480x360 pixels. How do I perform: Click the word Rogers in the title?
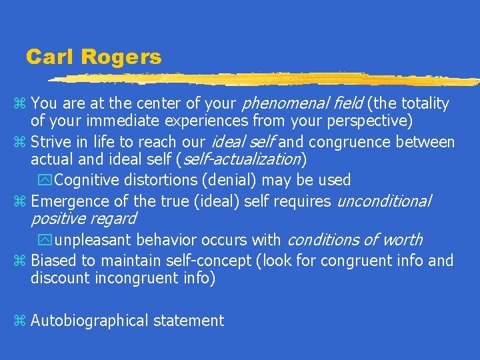[121, 57]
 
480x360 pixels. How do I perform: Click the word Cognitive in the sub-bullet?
[87, 180]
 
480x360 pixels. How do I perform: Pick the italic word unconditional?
[385, 201]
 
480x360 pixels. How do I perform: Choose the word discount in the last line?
[58, 278]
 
